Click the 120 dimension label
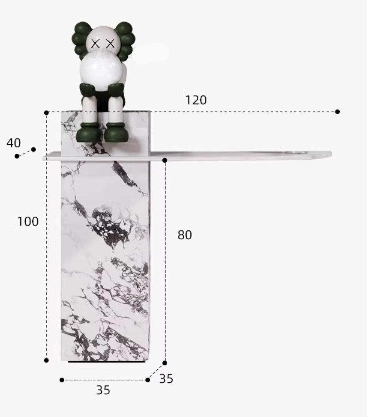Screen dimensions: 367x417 pos(196,100)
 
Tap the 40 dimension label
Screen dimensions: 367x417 pos(13,143)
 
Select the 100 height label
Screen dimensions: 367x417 pos(28,221)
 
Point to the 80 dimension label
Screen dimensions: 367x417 pos(185,235)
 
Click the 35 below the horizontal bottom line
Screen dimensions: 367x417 pos(103,390)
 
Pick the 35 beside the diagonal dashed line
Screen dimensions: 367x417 pos(166,379)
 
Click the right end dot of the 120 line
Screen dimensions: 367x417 pos(337,112)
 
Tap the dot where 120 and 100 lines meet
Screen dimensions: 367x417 pos(46,113)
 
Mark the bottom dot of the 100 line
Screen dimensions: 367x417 pos(46,360)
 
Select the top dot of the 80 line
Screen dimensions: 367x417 pos(165,160)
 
